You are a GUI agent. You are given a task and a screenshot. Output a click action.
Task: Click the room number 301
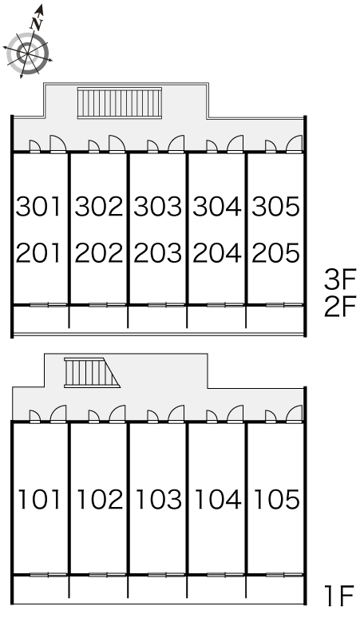[x=38, y=207]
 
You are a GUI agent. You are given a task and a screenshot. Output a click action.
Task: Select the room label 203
[x=157, y=253]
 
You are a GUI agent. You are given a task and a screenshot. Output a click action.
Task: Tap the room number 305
[x=275, y=207]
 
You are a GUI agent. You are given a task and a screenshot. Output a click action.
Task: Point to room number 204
[x=216, y=253]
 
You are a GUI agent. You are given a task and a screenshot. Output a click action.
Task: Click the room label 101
[x=40, y=499]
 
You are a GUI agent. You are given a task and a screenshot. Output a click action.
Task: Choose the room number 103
[x=158, y=499]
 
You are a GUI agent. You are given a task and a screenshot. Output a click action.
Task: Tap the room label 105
[x=276, y=499]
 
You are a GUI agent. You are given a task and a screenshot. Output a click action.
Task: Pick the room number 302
[x=98, y=207]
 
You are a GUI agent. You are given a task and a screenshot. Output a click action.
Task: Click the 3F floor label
[x=340, y=279]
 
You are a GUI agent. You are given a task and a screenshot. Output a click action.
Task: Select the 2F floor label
[x=340, y=307]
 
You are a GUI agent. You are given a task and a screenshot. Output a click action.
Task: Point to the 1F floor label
[x=338, y=596]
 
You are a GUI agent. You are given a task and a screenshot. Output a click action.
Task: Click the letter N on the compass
[x=37, y=25]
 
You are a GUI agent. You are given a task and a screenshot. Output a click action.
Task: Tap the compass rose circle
[x=28, y=53]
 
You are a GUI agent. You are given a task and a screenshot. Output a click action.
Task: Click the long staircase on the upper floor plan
[x=120, y=102]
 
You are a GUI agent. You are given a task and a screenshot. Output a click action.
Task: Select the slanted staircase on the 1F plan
[x=92, y=373]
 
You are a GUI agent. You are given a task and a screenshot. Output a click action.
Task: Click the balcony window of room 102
[x=98, y=575]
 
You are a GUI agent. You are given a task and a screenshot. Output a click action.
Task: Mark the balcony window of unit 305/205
[x=284, y=305]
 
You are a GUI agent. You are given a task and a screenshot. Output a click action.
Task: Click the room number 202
[x=98, y=253]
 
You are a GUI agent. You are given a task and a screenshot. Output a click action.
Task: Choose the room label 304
[x=216, y=207]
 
